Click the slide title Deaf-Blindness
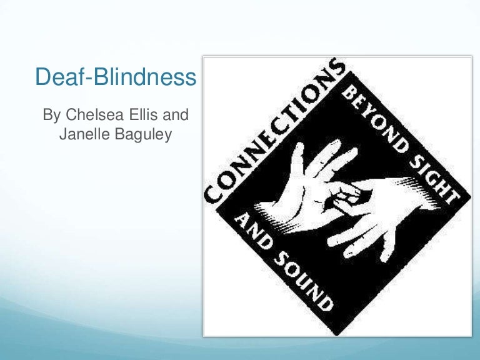tap(116, 78)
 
